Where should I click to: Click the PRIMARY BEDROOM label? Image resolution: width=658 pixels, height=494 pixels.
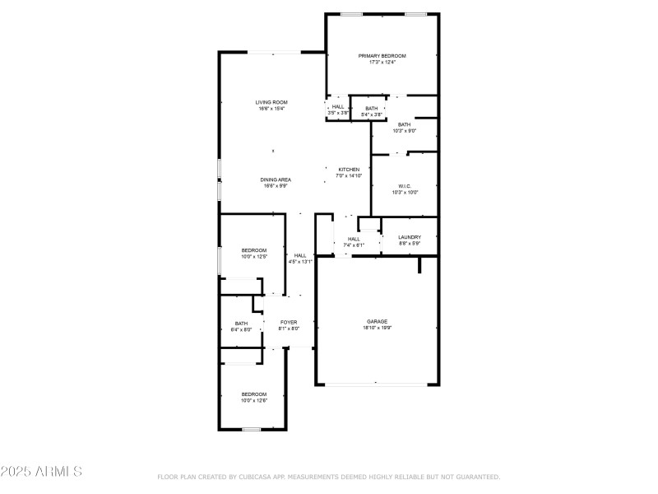pos(382,56)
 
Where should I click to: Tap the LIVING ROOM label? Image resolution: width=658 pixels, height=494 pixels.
pos(271,102)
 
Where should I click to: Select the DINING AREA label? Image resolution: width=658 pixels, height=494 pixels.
pos(276,179)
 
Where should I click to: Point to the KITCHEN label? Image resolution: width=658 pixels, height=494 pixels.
pos(349,170)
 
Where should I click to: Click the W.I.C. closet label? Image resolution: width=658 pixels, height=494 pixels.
pos(405,186)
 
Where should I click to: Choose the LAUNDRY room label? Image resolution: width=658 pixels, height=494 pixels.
pos(410,237)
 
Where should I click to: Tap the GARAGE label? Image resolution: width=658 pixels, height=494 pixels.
pos(377,321)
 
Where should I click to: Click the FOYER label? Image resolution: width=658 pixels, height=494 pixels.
pos(288,322)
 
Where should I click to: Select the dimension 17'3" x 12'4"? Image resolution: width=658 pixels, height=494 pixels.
pos(382,63)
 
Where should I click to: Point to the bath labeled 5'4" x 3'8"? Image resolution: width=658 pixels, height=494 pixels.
pos(372,111)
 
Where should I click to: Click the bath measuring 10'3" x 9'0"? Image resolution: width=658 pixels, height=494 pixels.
pos(405,128)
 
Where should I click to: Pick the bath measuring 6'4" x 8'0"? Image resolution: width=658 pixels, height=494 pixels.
pos(241,326)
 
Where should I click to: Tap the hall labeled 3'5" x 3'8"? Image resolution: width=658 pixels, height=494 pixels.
pos(337,110)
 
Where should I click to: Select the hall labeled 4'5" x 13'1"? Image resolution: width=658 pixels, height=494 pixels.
pos(300,259)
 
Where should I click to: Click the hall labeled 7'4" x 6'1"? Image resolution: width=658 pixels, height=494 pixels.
pos(353,242)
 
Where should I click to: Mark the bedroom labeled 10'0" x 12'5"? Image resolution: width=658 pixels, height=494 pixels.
pos(253,253)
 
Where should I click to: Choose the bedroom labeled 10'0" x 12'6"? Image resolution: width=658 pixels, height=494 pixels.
pos(253,397)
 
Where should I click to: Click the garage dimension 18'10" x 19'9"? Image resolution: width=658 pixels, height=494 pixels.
pos(377,328)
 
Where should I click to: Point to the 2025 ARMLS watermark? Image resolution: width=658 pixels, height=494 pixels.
pos(41,472)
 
